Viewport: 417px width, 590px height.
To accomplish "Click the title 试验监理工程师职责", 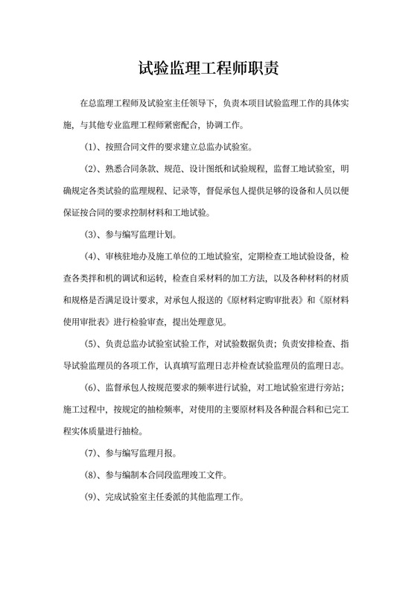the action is (208, 71).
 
